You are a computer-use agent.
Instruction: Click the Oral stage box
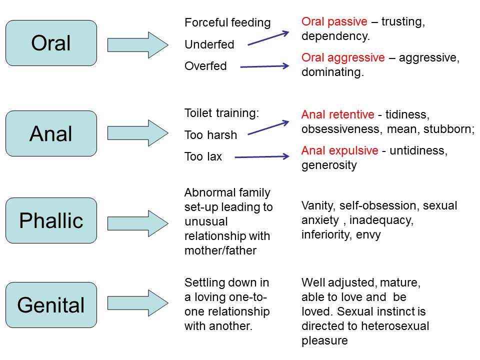point(51,43)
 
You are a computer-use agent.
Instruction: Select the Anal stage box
point(51,133)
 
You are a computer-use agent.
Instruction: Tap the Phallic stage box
point(51,220)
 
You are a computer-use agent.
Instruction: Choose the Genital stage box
point(51,305)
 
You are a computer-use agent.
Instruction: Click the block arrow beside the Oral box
point(137,44)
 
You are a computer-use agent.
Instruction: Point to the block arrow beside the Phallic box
point(137,220)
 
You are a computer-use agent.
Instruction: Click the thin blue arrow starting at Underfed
point(268,38)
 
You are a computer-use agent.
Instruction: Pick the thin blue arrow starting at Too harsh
point(268,127)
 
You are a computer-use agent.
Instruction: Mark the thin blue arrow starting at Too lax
point(262,157)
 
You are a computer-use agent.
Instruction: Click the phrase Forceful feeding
point(227,22)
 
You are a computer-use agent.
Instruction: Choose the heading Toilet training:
point(222,113)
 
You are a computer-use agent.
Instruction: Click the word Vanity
point(315,205)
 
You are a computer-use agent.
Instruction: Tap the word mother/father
point(220,251)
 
